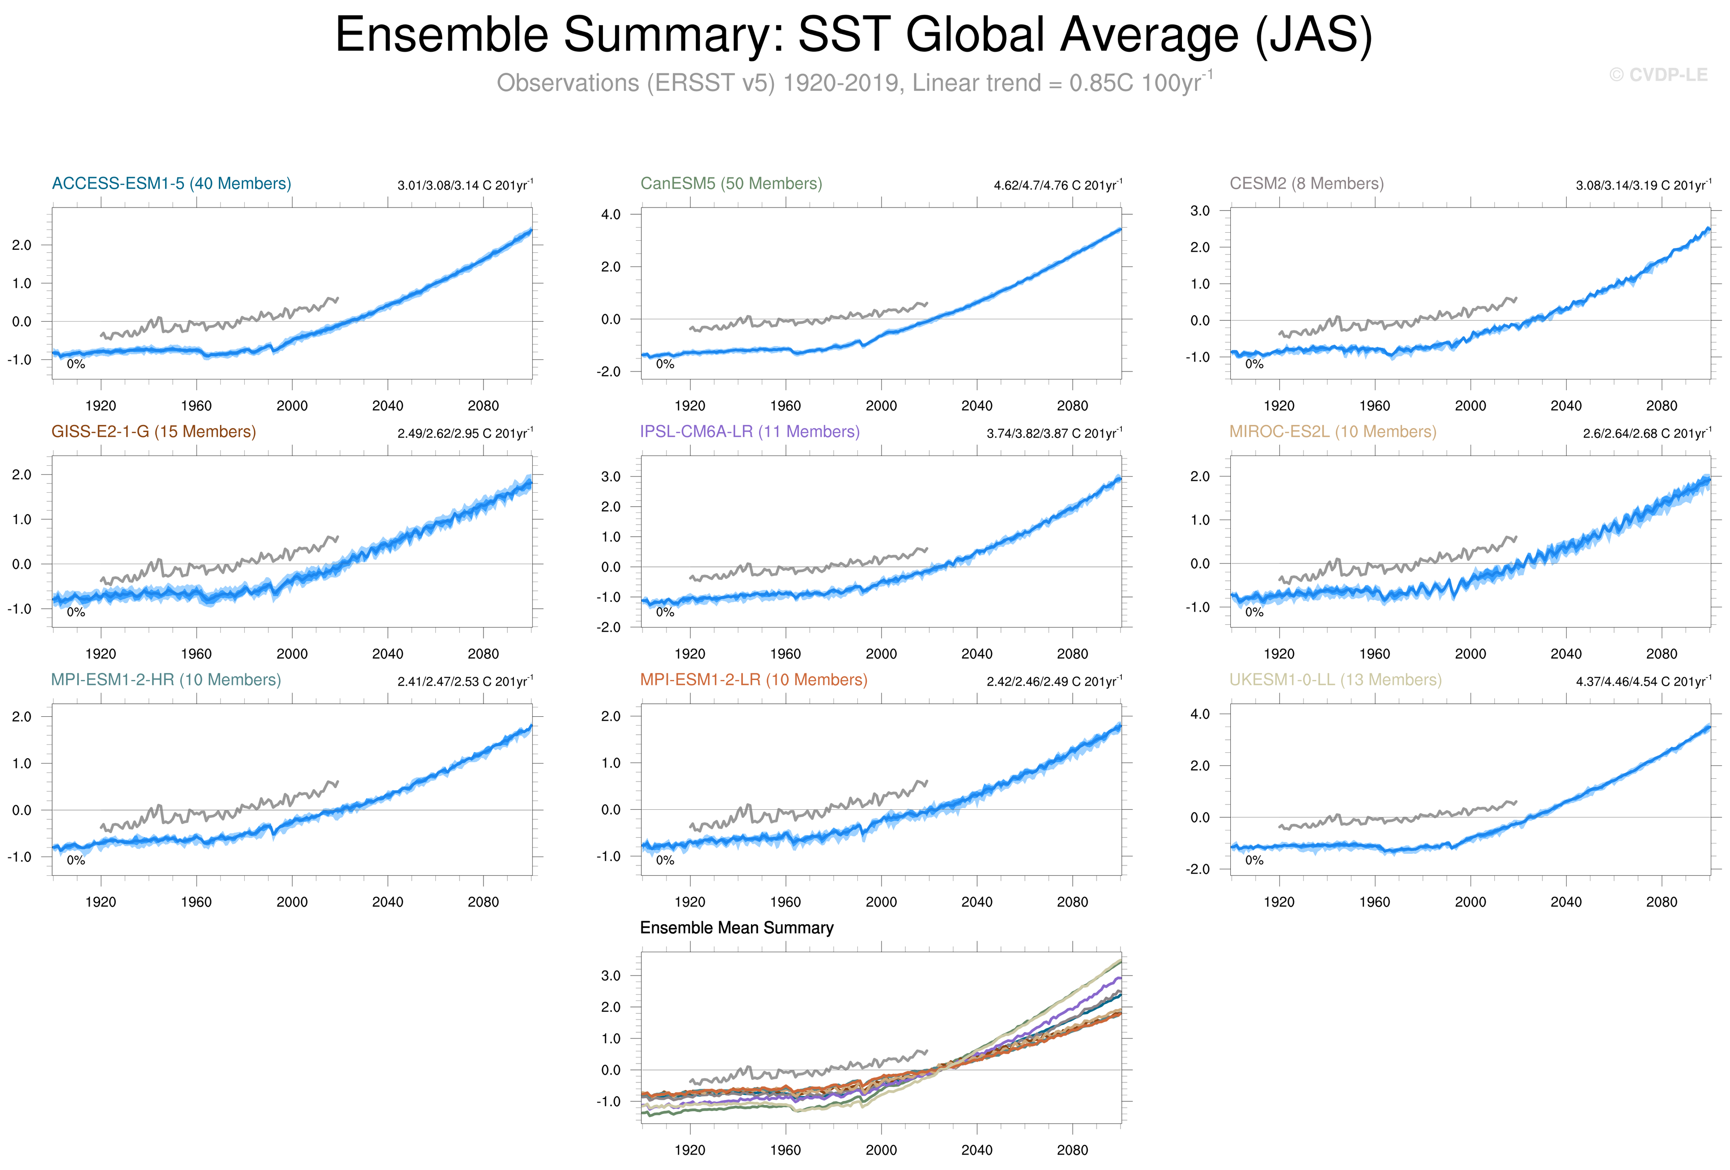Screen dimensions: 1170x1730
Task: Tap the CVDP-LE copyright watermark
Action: tap(1658, 75)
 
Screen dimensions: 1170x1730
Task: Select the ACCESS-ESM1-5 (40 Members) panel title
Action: tap(171, 183)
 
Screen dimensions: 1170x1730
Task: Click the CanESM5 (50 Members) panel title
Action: tap(731, 183)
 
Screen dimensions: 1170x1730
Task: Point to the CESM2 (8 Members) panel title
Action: tap(1306, 183)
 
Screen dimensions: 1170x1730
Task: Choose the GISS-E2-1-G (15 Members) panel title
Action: tap(154, 431)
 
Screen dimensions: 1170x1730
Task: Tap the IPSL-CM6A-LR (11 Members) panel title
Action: tap(750, 431)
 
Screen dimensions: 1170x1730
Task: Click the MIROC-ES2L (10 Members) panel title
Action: tap(1332, 431)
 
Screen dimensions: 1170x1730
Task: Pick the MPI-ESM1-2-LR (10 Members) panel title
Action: tap(753, 679)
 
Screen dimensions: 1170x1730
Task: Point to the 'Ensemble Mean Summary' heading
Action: tap(736, 927)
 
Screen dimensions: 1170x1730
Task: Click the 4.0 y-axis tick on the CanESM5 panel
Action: tap(610, 215)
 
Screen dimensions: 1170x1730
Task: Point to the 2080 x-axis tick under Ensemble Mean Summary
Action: tap(1072, 1150)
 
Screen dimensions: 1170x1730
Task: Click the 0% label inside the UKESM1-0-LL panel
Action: tap(1254, 860)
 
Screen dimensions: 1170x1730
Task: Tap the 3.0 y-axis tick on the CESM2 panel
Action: tap(1200, 211)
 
